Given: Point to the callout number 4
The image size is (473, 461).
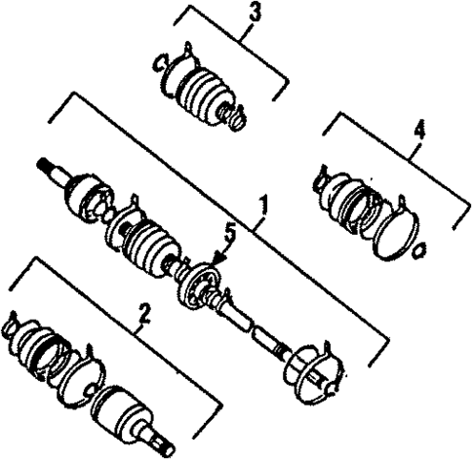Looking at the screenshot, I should (419, 127).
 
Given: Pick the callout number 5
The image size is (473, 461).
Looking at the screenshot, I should (230, 232).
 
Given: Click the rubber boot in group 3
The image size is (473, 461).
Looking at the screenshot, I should (202, 92).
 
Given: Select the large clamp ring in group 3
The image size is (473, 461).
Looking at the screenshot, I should (169, 65).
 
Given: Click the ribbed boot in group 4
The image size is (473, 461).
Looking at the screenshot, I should (345, 195).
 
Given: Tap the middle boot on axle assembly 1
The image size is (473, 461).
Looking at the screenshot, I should (146, 244).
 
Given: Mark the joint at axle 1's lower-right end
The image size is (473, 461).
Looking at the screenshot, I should (315, 368).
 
